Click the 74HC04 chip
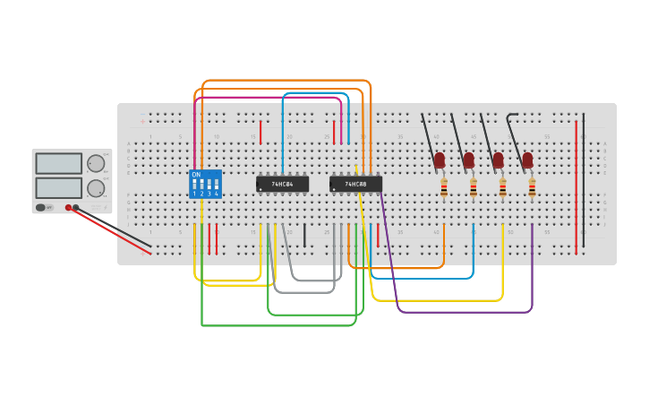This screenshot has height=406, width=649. [282, 184]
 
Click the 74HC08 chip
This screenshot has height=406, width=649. [355, 184]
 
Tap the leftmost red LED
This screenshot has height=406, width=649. [440, 160]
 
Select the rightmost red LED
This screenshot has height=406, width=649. [527, 160]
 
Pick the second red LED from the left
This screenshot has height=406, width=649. [468, 160]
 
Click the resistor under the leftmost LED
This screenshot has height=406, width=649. [444, 187]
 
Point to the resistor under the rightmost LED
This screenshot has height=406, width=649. [532, 187]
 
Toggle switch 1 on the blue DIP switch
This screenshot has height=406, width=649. [194, 186]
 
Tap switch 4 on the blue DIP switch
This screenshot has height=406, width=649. [216, 186]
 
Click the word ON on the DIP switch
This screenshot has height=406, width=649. [196, 174]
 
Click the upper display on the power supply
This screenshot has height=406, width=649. [59, 163]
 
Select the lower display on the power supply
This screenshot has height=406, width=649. [59, 187]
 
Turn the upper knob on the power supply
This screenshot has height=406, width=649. [95, 163]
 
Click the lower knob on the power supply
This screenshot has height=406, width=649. [95, 188]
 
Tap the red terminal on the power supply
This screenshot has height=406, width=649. [68, 207]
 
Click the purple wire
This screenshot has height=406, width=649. [465, 312]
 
